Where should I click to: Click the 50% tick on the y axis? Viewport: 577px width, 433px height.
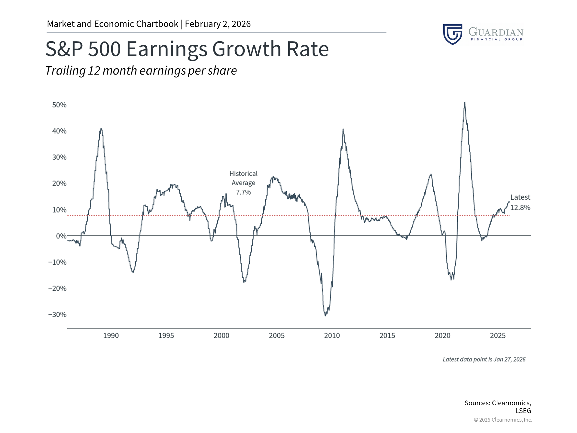click(x=59, y=105)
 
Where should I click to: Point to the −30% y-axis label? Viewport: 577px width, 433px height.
click(x=57, y=315)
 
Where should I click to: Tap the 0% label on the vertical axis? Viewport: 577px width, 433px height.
click(x=61, y=236)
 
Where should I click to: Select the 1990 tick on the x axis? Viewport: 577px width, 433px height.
click(x=111, y=336)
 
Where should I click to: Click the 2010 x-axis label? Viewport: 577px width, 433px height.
click(x=332, y=336)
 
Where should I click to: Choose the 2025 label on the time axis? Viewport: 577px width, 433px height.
click(x=498, y=336)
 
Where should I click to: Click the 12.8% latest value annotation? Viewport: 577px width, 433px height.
click(x=520, y=207)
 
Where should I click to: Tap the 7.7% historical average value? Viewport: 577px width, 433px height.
click(x=243, y=192)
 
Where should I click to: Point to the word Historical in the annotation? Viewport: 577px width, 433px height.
click(x=243, y=174)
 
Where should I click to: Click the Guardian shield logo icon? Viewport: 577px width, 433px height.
click(x=453, y=34)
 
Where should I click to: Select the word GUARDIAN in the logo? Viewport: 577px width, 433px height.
click(x=496, y=32)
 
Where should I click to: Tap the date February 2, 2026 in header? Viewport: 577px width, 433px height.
click(x=218, y=24)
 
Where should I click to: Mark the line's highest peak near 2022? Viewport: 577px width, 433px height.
click(x=465, y=103)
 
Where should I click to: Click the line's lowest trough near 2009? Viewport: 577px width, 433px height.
click(x=325, y=315)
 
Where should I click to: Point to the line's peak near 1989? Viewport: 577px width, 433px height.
click(x=101, y=129)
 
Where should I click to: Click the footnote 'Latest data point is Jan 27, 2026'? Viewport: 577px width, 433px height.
click(x=484, y=359)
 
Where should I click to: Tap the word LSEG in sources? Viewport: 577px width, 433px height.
click(x=523, y=411)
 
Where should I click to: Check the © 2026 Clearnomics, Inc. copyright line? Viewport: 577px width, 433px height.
click(x=503, y=420)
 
